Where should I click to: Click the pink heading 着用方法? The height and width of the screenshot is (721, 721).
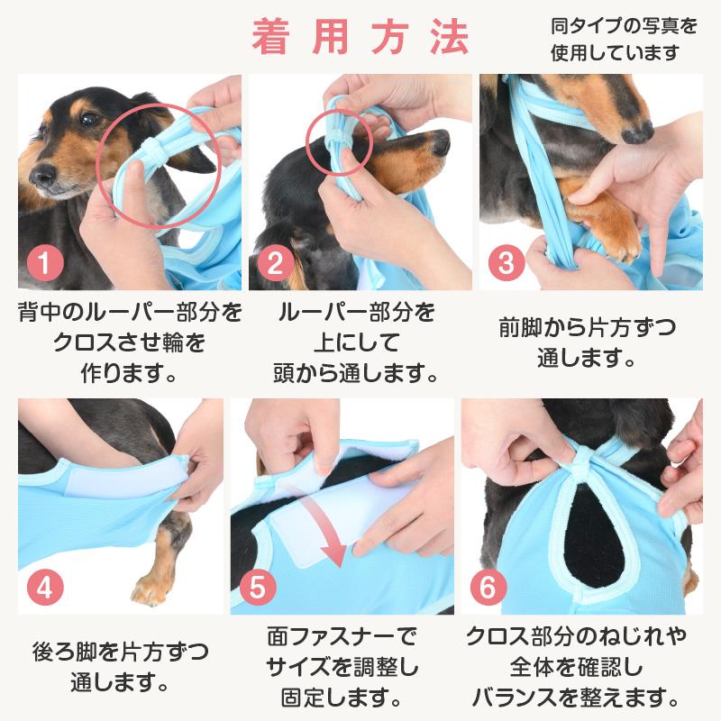pos(360,38)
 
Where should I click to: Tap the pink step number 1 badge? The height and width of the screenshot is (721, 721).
pos(45,262)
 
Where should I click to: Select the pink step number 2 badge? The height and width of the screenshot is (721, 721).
pos(276,262)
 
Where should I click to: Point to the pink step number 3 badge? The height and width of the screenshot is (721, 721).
pos(507,262)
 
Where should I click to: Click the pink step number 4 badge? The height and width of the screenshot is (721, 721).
pos(45,587)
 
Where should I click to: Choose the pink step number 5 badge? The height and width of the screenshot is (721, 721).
pos(258,587)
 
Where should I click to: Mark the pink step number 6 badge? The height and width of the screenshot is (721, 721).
pos(488,587)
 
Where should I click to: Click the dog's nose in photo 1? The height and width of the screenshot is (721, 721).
pos(42,175)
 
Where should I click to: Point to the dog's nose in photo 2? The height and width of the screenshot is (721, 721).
pos(442,142)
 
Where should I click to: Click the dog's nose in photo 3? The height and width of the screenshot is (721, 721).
pos(637,131)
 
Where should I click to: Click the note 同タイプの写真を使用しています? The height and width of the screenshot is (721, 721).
pos(624,40)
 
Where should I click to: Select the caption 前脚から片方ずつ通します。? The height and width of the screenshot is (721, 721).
pos(588,342)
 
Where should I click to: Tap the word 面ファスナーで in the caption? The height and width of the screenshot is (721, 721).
pos(342,637)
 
